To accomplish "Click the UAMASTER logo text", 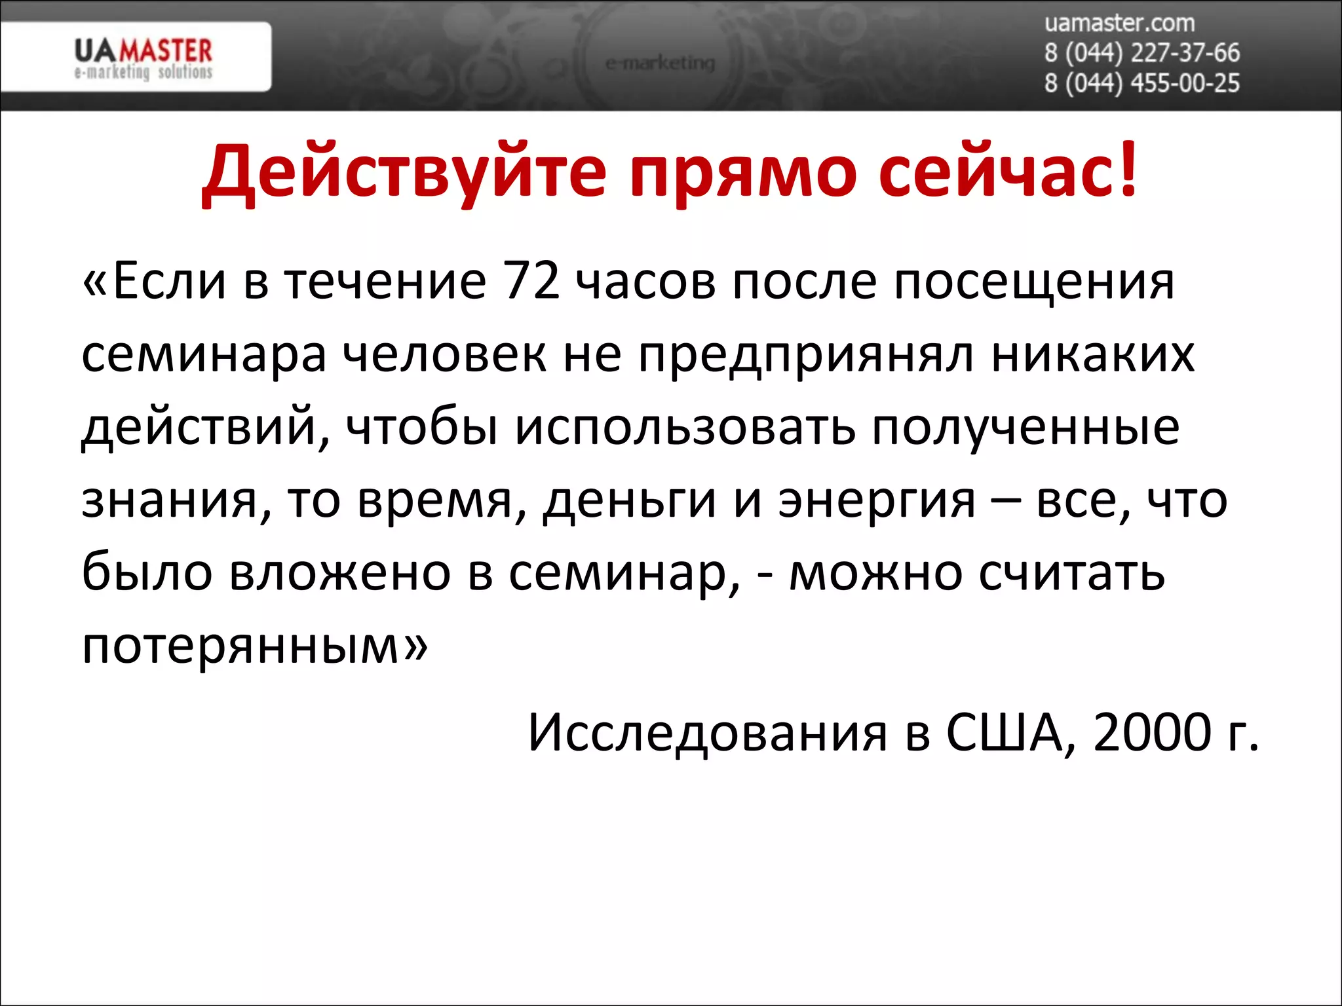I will [x=144, y=51].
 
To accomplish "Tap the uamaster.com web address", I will [x=1119, y=24].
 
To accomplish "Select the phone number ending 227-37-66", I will [x=1142, y=53].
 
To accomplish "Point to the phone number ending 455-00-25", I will [x=1142, y=83].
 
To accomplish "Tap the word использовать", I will [x=685, y=428].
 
